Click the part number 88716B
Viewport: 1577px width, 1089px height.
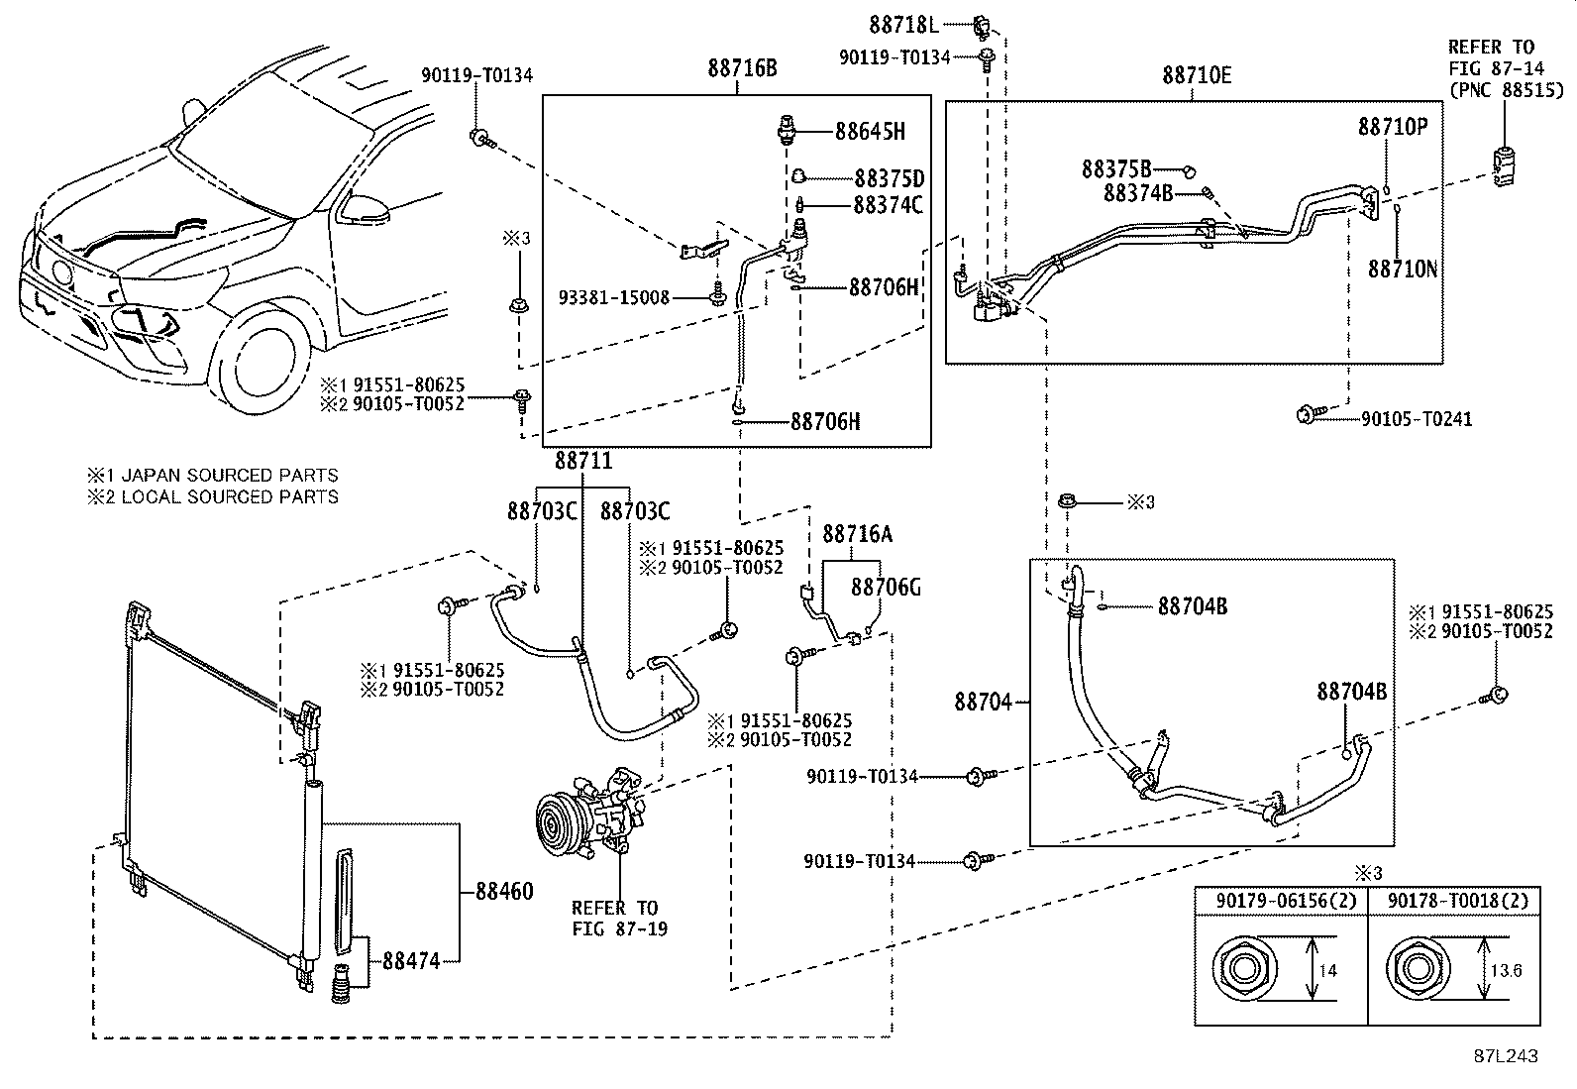(x=742, y=68)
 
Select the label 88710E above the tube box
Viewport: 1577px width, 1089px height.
(x=1197, y=75)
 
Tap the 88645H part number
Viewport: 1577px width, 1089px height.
(x=870, y=132)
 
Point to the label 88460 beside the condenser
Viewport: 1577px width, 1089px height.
(x=504, y=892)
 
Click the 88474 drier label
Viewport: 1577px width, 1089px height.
(x=411, y=961)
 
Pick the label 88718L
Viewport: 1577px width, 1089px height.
(x=904, y=26)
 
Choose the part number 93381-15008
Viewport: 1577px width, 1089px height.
(x=614, y=298)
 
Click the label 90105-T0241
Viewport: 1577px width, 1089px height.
(x=1417, y=419)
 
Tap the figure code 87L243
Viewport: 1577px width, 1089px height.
(x=1506, y=1056)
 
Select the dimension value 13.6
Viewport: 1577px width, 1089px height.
(x=1506, y=971)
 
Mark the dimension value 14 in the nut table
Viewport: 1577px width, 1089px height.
(x=1327, y=971)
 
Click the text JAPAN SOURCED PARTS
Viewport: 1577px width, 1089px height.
(x=230, y=476)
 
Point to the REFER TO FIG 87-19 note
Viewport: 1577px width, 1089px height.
(x=619, y=919)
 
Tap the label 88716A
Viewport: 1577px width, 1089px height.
(x=858, y=535)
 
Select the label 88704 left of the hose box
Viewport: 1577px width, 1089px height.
(x=983, y=702)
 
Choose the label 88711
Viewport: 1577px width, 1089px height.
(x=583, y=461)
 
